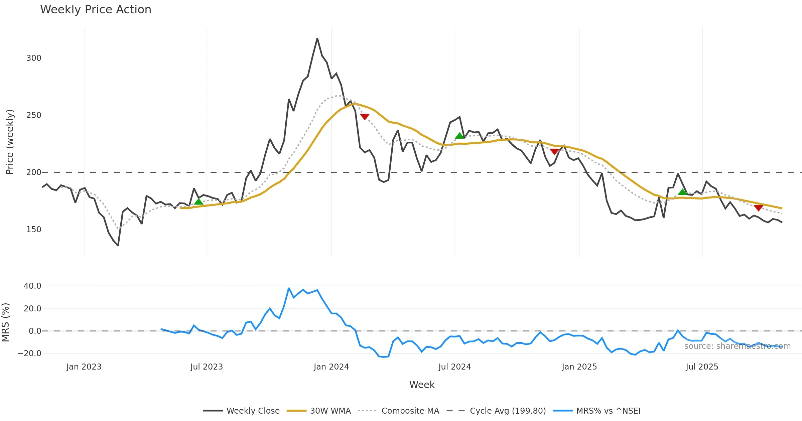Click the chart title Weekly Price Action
pos(96,10)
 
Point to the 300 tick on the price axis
pos(34,58)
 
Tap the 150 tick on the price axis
pos(34,230)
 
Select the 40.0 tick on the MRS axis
pos(32,286)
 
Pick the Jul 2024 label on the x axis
pos(454,367)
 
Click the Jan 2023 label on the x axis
pos(84,367)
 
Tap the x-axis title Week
pos(422,385)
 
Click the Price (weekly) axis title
pos(10,142)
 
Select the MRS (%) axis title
pos(5,322)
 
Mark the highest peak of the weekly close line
pos(317,39)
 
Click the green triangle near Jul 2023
pos(198,201)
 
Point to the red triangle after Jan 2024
pos(365,117)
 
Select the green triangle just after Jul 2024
pos(459,135)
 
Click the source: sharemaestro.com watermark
pos(737,346)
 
